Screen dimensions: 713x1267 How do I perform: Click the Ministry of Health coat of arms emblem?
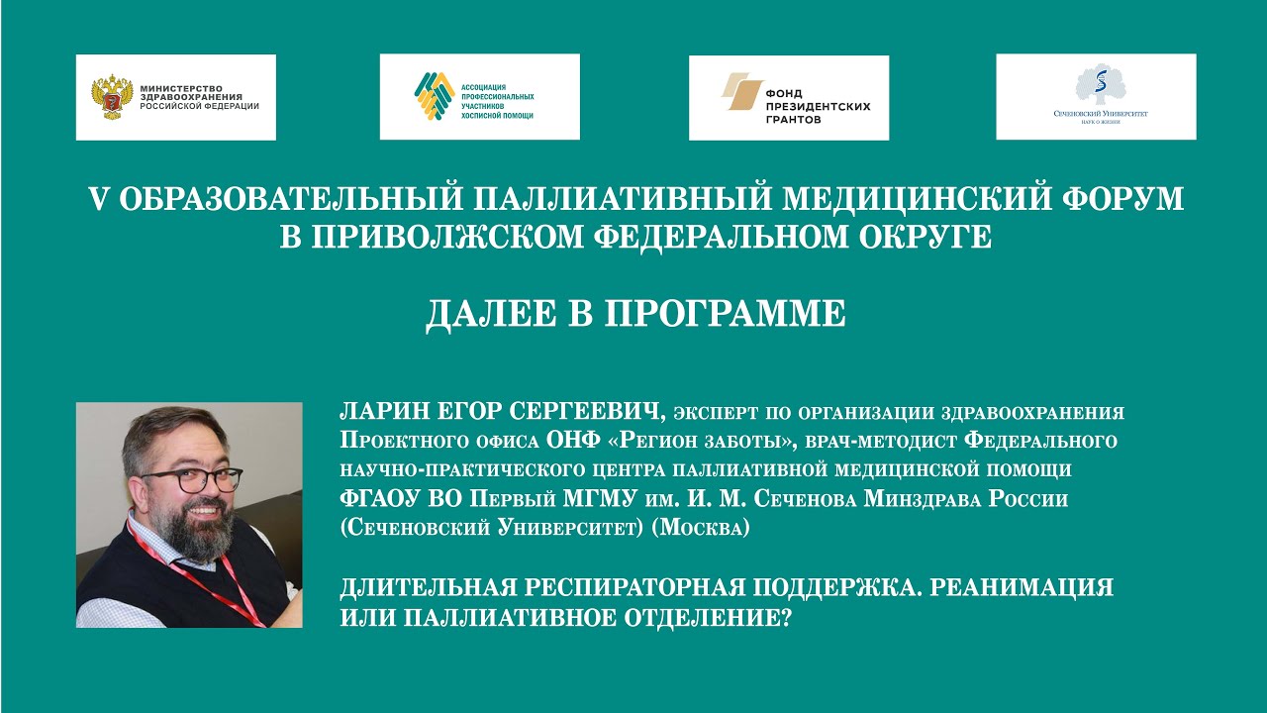click(x=112, y=97)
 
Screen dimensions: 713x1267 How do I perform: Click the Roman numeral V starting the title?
click(x=97, y=199)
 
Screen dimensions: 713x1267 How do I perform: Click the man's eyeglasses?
click(x=194, y=479)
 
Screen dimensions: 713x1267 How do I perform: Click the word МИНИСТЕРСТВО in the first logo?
click(x=183, y=87)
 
